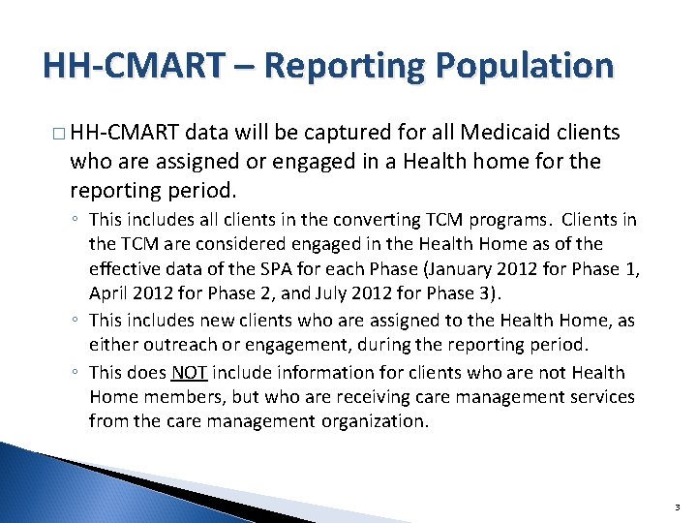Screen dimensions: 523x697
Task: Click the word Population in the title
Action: tap(524, 66)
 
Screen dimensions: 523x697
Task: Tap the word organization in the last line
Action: tap(372, 420)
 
